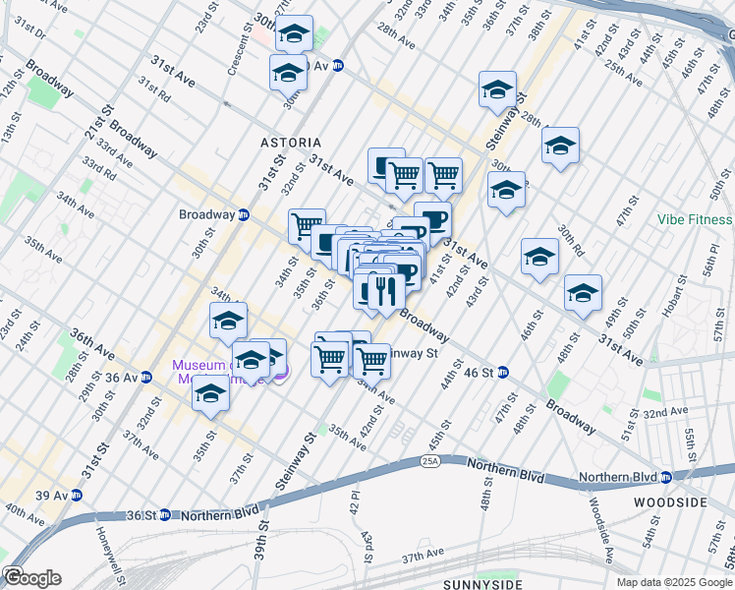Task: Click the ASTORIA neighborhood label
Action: tap(291, 143)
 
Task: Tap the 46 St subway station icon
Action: tap(503, 372)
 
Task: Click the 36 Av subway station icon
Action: tap(146, 377)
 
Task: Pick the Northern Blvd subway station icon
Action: tap(666, 478)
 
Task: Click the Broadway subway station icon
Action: tap(244, 214)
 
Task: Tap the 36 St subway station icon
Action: tap(165, 514)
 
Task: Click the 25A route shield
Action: tap(429, 459)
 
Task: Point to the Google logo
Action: tap(32, 577)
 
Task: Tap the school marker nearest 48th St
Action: tap(583, 293)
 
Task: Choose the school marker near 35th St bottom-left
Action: tap(210, 394)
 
